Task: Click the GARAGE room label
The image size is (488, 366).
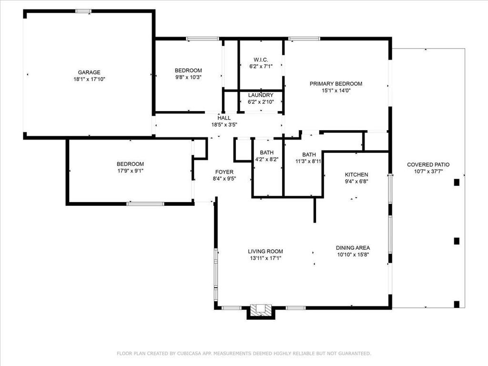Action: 89,72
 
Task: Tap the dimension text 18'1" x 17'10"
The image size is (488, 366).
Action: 89,79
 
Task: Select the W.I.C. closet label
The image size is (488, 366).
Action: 261,60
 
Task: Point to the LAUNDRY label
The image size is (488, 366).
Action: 261,95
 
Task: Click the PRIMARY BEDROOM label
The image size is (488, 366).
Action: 336,84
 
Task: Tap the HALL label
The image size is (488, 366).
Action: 224,118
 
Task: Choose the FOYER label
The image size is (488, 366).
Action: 224,172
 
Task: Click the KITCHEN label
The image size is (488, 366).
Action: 356,174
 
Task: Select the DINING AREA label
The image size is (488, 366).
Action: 353,248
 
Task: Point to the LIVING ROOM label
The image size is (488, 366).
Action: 265,251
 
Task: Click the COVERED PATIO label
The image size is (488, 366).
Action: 428,164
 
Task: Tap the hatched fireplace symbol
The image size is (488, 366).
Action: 261,310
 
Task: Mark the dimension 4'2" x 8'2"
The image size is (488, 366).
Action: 267,159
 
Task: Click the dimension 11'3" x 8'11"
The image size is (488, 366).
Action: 308,161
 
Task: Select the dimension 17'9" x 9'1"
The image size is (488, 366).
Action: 131,171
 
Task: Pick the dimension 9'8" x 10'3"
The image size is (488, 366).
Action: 188,77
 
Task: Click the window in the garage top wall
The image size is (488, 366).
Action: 83,11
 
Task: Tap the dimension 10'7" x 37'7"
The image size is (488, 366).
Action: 428,172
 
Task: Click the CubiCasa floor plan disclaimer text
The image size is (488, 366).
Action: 244,353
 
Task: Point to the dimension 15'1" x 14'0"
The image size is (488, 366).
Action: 336,91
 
